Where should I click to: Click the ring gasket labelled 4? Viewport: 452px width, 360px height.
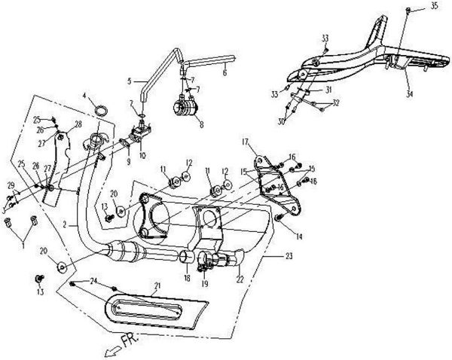[99, 113]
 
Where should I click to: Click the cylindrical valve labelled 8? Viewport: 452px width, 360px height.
[185, 110]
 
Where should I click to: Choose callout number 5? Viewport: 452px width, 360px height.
[130, 80]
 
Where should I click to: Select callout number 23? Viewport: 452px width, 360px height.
[290, 257]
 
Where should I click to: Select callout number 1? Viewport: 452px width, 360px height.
[23, 246]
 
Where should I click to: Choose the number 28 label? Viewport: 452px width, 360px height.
[78, 124]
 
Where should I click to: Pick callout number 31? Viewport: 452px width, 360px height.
[328, 89]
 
